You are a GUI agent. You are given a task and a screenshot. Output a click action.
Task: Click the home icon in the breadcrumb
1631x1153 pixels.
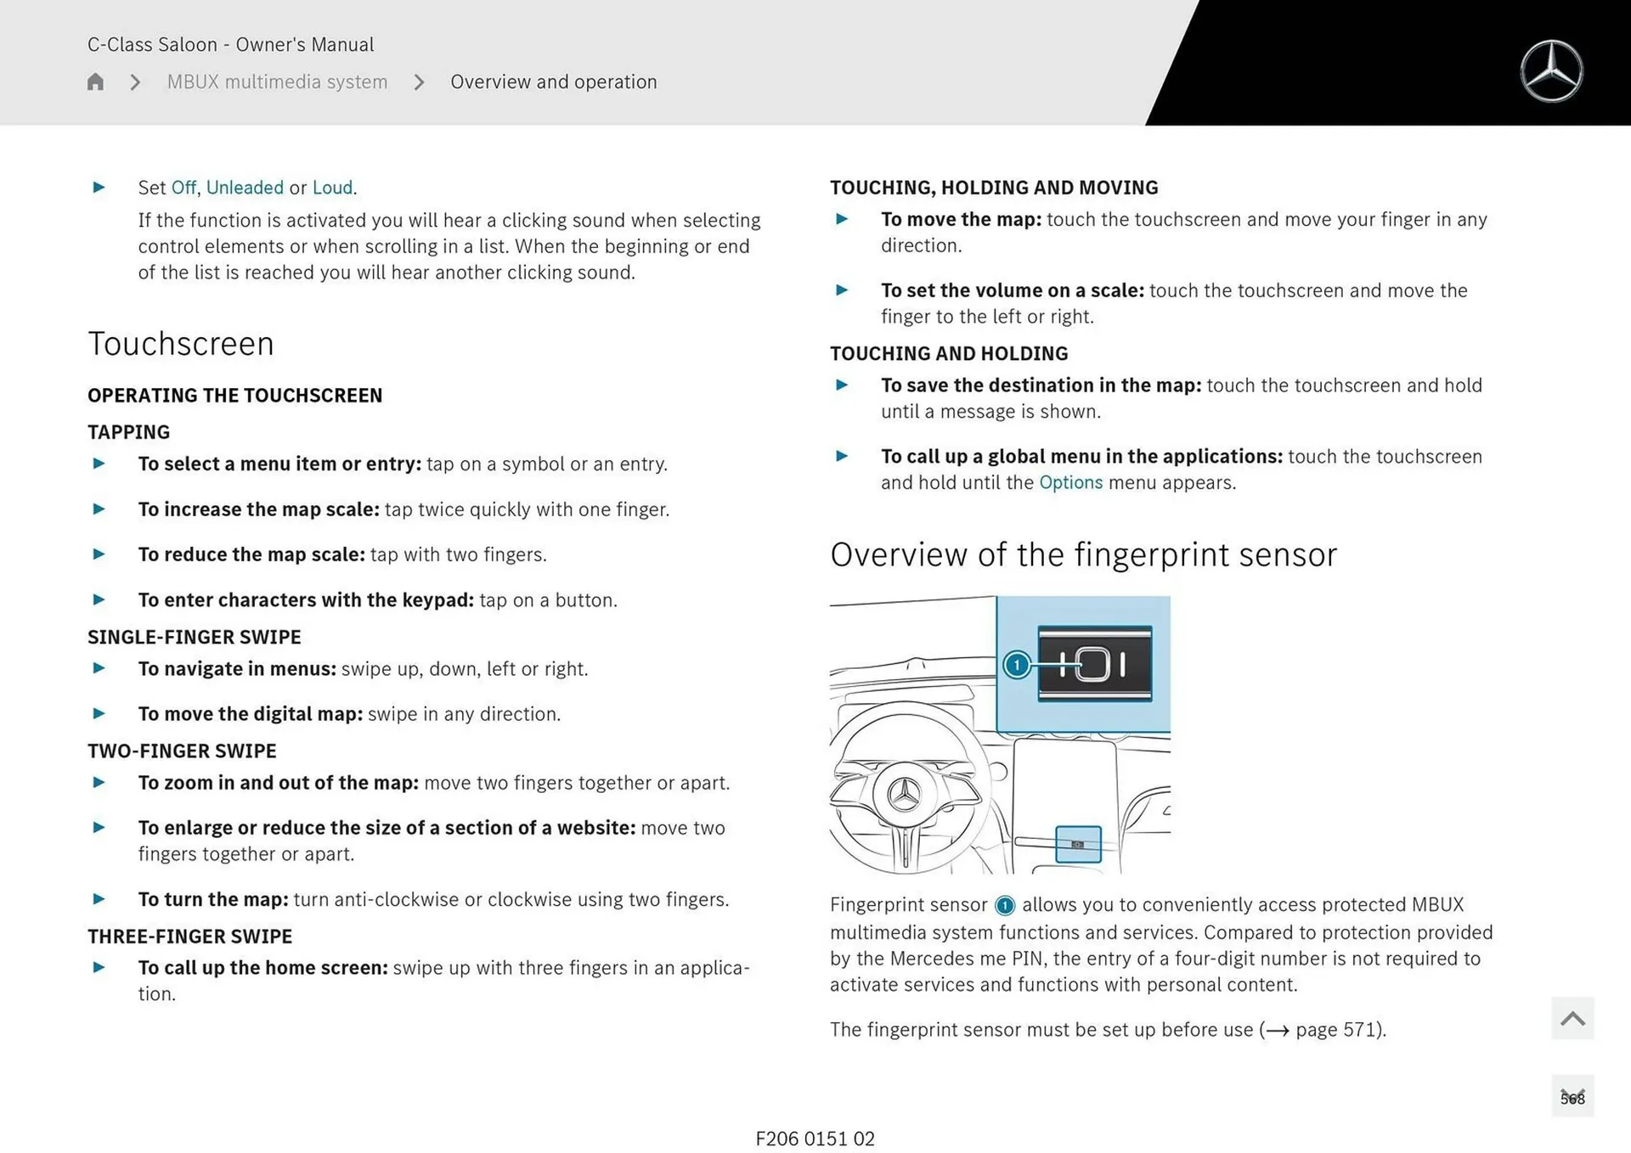(95, 82)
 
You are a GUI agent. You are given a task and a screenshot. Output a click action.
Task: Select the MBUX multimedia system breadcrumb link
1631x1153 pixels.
(277, 82)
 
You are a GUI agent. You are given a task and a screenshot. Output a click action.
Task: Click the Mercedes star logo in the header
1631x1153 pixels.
(1551, 71)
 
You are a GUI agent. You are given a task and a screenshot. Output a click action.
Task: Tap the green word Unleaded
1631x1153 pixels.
(245, 188)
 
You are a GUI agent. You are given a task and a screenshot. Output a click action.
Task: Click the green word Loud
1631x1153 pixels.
(332, 188)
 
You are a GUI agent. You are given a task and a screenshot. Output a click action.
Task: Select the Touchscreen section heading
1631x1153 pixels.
(181, 344)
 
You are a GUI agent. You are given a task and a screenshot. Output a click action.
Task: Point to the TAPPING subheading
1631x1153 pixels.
(128, 432)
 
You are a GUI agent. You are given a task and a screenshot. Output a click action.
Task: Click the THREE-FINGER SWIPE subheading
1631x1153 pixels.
(189, 936)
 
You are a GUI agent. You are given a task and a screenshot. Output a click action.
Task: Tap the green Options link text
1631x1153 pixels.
(1070, 482)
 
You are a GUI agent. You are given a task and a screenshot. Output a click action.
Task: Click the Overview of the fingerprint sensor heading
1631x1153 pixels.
(1083, 555)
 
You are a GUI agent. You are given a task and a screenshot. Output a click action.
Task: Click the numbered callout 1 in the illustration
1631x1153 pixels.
(1016, 665)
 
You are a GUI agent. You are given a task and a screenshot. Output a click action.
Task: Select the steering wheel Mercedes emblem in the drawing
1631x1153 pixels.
(904, 795)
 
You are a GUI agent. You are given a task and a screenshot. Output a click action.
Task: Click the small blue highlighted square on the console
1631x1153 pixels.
(1078, 844)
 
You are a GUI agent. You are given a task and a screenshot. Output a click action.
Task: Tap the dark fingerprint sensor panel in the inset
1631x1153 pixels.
(1095, 664)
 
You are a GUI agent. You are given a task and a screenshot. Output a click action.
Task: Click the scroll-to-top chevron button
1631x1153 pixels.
(1572, 1018)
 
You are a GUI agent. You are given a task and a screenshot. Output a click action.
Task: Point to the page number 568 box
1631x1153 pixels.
(1572, 1098)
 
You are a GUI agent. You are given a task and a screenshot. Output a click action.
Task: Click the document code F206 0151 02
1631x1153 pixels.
(815, 1139)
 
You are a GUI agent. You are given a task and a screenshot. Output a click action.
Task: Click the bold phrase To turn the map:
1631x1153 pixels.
(213, 899)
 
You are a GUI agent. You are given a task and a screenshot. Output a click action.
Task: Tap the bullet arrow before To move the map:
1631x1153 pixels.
(842, 219)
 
